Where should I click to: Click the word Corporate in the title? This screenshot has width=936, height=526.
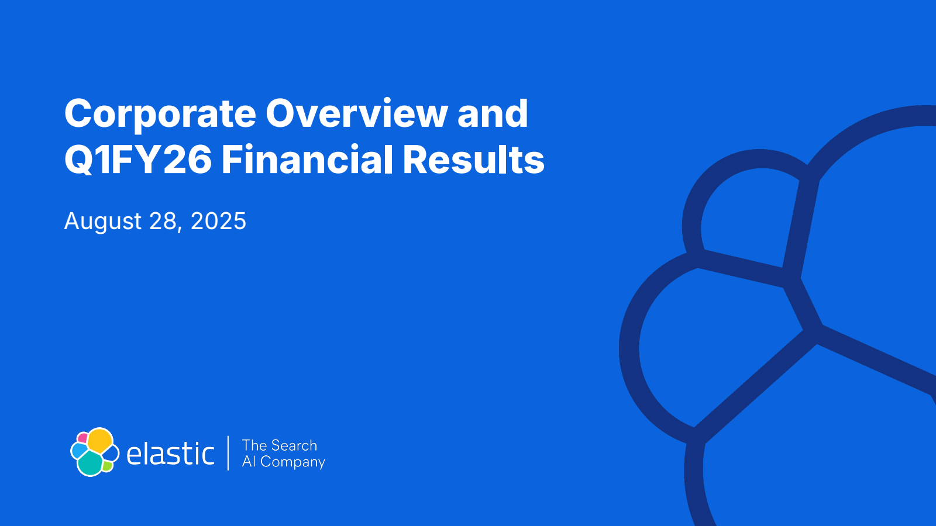tap(160, 115)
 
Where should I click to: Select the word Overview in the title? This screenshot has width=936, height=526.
tap(356, 113)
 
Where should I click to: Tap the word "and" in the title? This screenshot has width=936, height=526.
tap(493, 113)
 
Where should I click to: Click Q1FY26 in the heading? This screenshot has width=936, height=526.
tap(138, 160)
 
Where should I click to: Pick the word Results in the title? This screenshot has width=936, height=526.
tap(473, 159)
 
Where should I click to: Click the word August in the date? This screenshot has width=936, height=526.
tap(103, 222)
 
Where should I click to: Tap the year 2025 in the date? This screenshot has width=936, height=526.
tap(219, 221)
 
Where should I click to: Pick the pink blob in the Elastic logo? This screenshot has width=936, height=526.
tap(82, 438)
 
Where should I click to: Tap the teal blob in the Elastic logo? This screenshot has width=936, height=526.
tap(90, 464)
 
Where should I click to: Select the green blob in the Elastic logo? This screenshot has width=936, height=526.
tap(108, 466)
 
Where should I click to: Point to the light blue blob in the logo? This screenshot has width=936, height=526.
tap(78, 451)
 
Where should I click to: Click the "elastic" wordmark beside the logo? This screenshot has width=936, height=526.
tap(170, 454)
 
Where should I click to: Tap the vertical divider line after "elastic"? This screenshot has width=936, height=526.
tap(228, 453)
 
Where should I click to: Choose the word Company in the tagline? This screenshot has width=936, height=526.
tap(293, 462)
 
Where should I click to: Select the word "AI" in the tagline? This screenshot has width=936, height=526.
tap(249, 461)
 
